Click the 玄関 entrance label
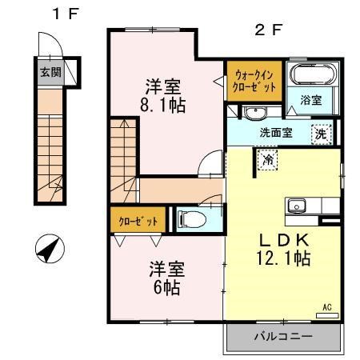[x=50, y=72]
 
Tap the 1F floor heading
[x=66, y=14]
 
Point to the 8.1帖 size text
[x=166, y=105]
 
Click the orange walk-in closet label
[x=253, y=81]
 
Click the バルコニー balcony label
[x=284, y=336]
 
